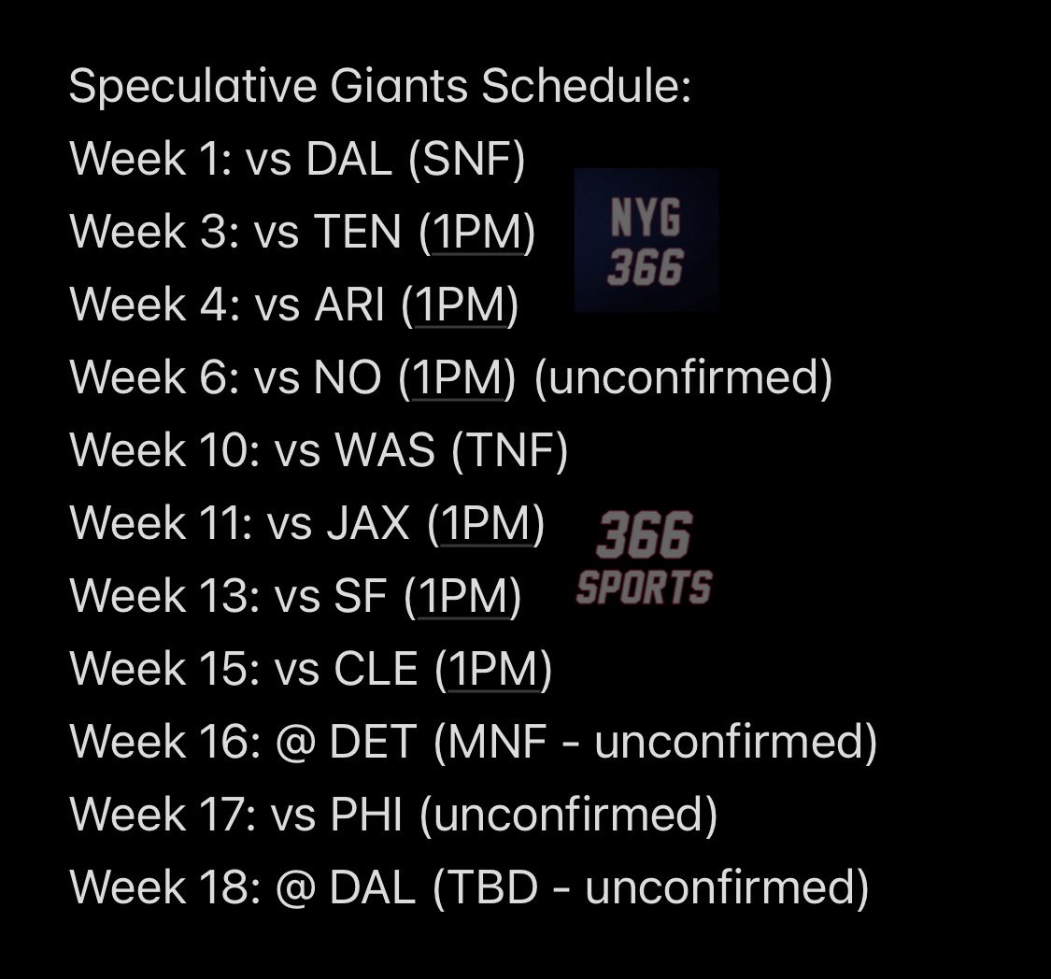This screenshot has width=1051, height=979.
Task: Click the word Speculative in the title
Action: (193, 87)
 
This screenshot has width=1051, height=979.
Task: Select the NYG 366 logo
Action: (646, 241)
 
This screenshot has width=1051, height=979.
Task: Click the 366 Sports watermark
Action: (644, 559)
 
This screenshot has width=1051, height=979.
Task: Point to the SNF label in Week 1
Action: (467, 160)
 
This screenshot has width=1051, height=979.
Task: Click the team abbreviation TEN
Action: (357, 232)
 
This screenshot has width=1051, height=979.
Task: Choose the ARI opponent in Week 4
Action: (349, 305)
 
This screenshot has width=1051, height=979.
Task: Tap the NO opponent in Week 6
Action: (348, 377)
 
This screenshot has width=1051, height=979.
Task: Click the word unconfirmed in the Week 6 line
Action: (683, 376)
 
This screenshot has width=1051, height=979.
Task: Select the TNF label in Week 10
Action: (510, 450)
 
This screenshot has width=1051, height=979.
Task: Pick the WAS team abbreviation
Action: (385, 450)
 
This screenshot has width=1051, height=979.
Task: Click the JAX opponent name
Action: (368, 523)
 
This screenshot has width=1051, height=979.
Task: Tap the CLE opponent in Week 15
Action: (376, 669)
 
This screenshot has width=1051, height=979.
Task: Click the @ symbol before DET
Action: (295, 743)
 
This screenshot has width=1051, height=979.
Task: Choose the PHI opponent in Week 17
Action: (366, 815)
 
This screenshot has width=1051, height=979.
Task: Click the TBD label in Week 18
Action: (492, 887)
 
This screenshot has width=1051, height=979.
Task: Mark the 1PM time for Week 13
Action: (463, 596)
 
